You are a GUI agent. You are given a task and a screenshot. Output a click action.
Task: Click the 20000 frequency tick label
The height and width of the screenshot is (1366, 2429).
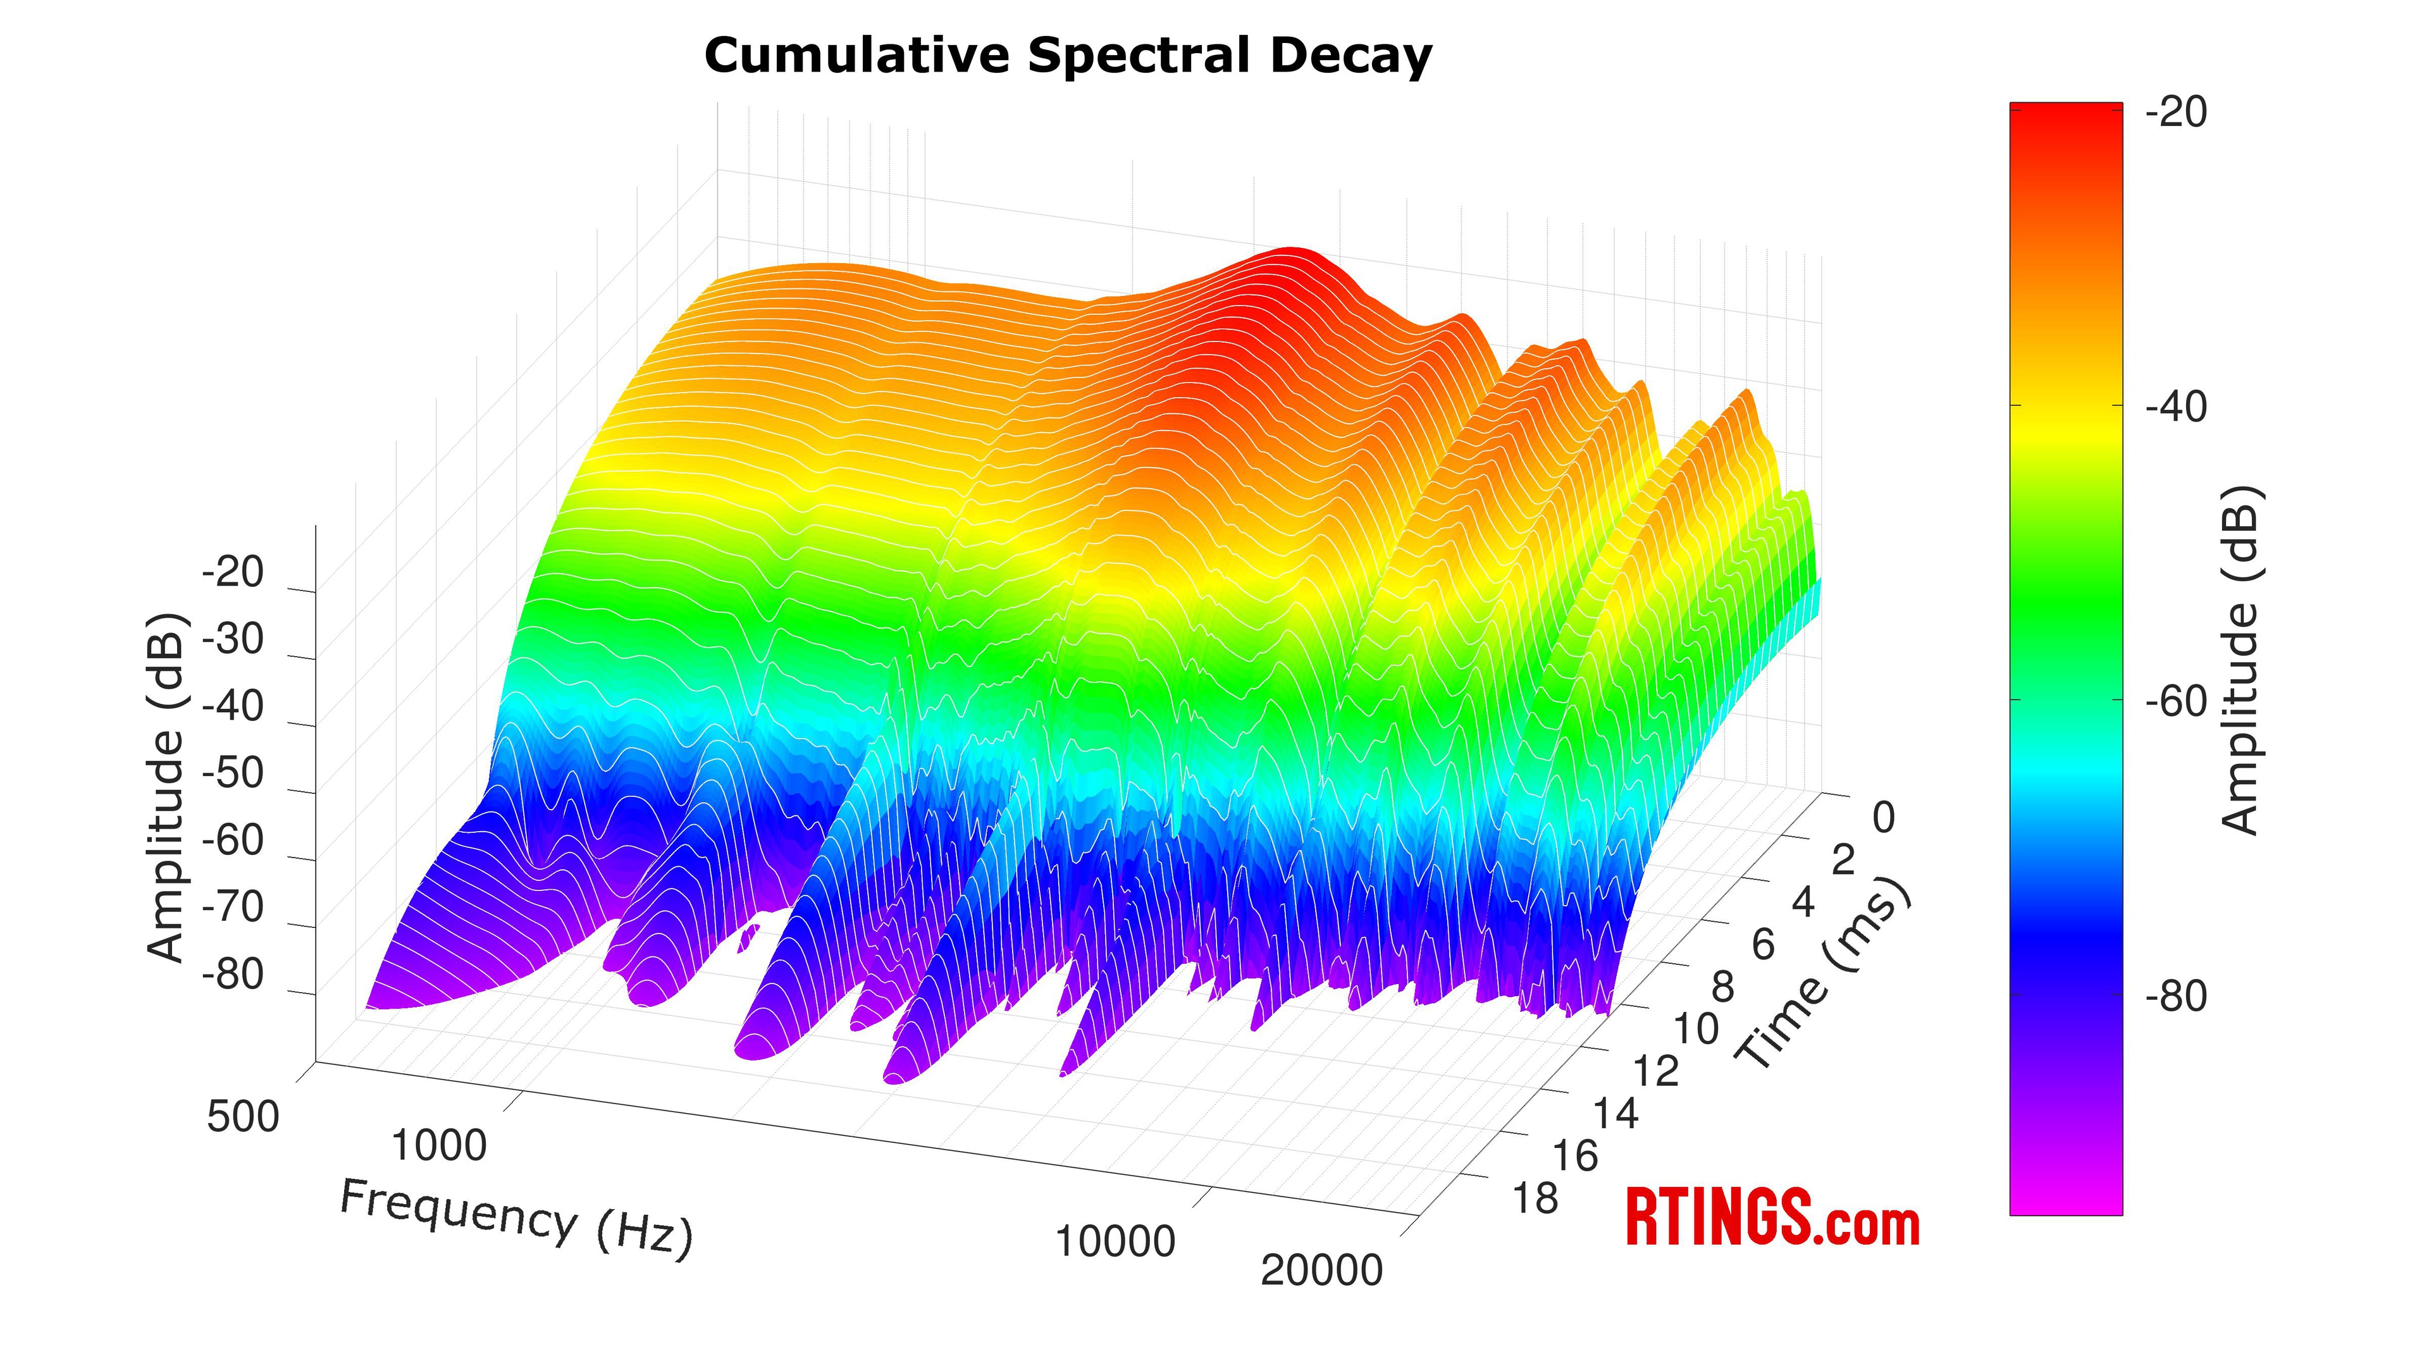pyautogui.click(x=1321, y=1271)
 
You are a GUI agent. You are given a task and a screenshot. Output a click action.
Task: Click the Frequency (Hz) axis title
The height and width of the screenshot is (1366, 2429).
pyautogui.click(x=516, y=1218)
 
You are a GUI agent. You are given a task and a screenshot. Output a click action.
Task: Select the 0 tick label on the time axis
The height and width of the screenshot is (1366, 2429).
pyautogui.click(x=1883, y=818)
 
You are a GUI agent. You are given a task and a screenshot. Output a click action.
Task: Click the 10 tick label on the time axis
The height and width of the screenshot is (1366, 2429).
pyautogui.click(x=1697, y=1030)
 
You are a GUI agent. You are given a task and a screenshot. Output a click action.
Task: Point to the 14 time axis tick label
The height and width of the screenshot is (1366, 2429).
pyautogui.click(x=1616, y=1114)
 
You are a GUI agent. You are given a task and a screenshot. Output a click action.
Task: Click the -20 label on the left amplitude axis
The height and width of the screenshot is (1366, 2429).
pyautogui.click(x=233, y=572)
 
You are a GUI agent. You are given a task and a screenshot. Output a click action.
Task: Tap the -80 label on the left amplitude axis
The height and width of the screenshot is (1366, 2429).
pyautogui.click(x=233, y=975)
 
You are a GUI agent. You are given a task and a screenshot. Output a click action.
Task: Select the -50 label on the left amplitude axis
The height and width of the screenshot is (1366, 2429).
pyautogui.click(x=233, y=774)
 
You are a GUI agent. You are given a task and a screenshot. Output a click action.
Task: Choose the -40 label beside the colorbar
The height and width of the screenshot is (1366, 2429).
pyautogui.click(x=2176, y=408)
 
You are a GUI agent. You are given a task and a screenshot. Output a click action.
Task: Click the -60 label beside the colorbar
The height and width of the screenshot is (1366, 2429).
pyautogui.click(x=2176, y=703)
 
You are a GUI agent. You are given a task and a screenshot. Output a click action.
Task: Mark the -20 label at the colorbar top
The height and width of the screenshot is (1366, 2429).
pyautogui.click(x=2176, y=113)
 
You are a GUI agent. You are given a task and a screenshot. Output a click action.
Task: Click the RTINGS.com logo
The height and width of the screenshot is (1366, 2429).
pyautogui.click(x=1772, y=1218)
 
